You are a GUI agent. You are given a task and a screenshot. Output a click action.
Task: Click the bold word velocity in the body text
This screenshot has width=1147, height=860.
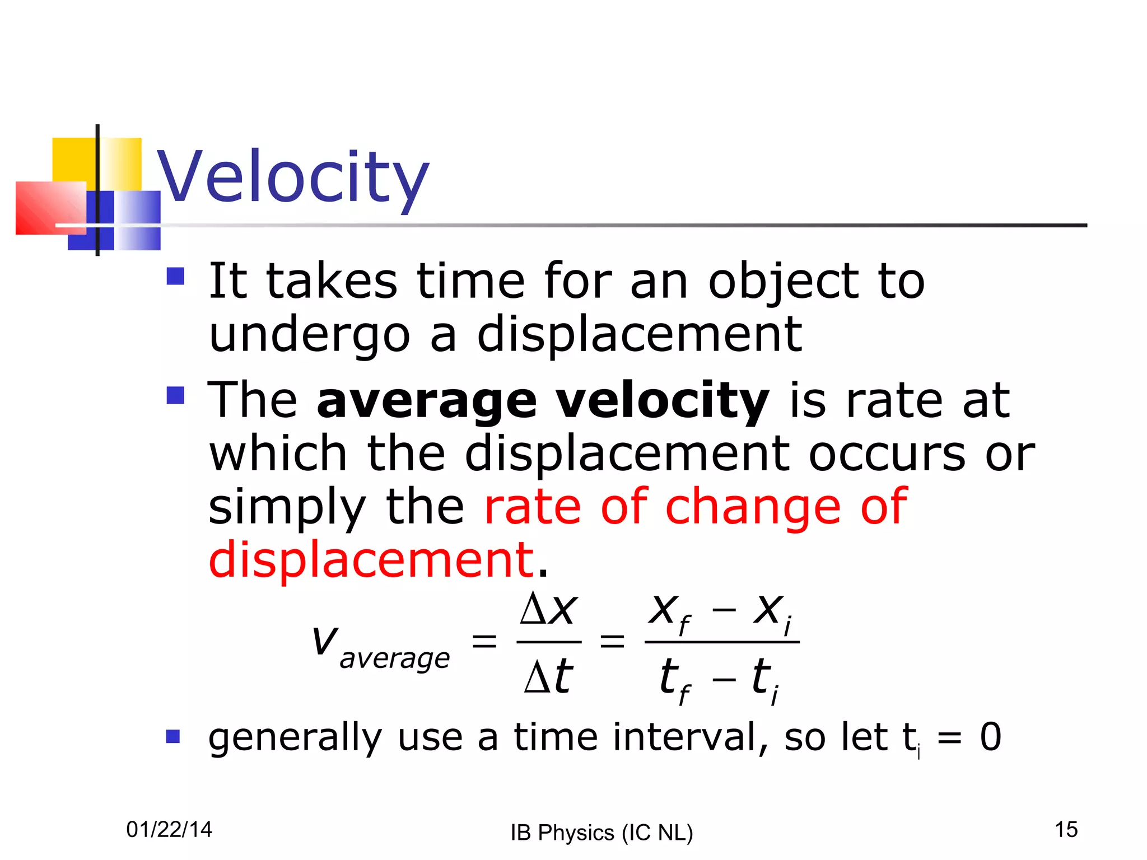[x=663, y=401]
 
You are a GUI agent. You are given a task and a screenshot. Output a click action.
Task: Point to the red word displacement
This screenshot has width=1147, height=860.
[x=371, y=560]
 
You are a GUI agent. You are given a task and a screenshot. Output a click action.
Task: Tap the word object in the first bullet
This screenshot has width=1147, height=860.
[x=783, y=282]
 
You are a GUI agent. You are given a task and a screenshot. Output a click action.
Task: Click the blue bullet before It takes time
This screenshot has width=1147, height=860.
[x=175, y=276]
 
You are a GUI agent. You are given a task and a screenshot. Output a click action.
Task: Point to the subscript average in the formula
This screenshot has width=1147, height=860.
[x=394, y=658]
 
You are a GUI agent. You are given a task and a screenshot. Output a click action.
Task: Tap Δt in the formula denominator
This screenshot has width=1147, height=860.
[x=548, y=676]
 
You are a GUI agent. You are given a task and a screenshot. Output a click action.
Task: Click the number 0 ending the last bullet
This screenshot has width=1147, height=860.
[x=990, y=737]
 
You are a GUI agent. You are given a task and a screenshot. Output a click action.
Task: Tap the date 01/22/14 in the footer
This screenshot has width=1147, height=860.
[x=169, y=829]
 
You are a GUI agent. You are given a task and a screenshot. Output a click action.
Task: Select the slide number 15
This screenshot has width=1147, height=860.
[x=1066, y=829]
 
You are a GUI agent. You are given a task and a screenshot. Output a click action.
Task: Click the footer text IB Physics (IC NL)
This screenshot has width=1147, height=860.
[x=602, y=833]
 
